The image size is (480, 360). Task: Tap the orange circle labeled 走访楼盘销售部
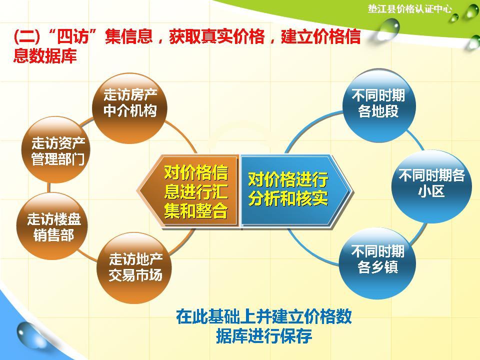pyautogui.click(x=54, y=227)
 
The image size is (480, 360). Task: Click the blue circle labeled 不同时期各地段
pyautogui.click(x=378, y=103)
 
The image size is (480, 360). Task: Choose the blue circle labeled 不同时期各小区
pyautogui.click(x=431, y=183)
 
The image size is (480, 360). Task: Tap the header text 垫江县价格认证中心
pyautogui.click(x=409, y=8)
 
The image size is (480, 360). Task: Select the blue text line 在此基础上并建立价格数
pyautogui.click(x=264, y=317)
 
